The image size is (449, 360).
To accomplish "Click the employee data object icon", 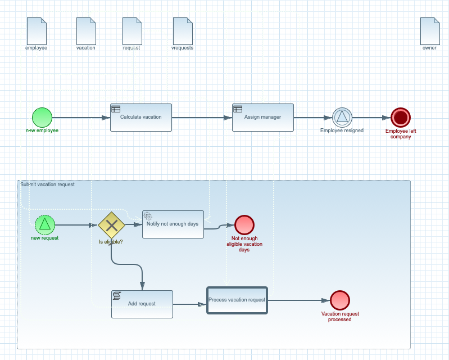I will tap(37, 31).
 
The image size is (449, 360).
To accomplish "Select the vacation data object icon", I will tap(86, 31).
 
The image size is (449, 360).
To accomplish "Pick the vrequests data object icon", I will tap(183, 31).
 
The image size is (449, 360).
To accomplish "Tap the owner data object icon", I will tap(430, 31).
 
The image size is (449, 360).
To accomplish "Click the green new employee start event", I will tap(42, 118).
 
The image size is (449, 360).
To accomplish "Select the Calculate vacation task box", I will tap(140, 118).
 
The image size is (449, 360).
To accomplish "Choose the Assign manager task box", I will tap(262, 118).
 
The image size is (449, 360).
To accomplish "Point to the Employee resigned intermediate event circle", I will tap(342, 118).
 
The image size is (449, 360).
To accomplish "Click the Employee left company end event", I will tap(401, 118).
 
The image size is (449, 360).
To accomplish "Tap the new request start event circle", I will tap(45, 225).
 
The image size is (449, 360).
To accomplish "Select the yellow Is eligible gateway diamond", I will tap(111, 225).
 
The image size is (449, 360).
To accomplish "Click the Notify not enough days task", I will tap(173, 224).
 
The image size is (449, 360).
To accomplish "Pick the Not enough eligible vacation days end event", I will tap(244, 225).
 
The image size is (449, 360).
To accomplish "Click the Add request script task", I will tap(142, 304).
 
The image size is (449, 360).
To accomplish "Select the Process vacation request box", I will tap(237, 300).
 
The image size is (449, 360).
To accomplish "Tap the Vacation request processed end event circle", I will tap(340, 300).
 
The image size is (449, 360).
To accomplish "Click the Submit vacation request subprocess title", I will tap(48, 184).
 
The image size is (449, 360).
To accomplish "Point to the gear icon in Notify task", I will tap(148, 216).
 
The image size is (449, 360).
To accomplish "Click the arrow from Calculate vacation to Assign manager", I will tap(201, 118).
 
